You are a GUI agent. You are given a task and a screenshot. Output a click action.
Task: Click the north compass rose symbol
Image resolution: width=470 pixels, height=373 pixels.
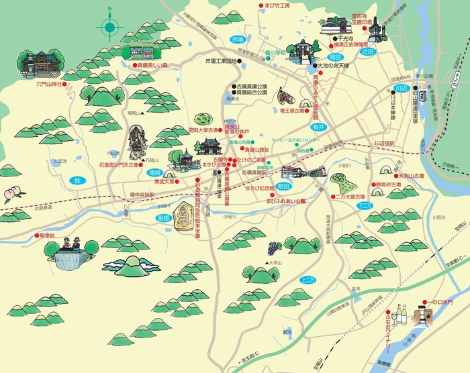[x=109, y=28]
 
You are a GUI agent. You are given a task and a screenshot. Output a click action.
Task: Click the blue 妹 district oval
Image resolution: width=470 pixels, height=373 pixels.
[x=77, y=180]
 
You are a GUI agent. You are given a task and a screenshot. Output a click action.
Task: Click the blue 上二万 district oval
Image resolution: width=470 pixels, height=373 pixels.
[x=309, y=280]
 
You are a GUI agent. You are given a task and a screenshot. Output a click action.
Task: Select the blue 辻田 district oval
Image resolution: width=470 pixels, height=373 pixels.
[x=367, y=51]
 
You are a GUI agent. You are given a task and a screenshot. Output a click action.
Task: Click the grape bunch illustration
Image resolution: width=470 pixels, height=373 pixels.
[x=275, y=248]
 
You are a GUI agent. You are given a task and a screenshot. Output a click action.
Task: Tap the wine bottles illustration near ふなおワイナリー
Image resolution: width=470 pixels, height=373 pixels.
[x=401, y=314]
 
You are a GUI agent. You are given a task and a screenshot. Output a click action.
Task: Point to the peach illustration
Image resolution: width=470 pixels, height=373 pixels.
[x=11, y=195]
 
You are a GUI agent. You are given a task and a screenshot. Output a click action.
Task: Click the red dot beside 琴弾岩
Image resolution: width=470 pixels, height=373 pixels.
[x=36, y=236]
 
